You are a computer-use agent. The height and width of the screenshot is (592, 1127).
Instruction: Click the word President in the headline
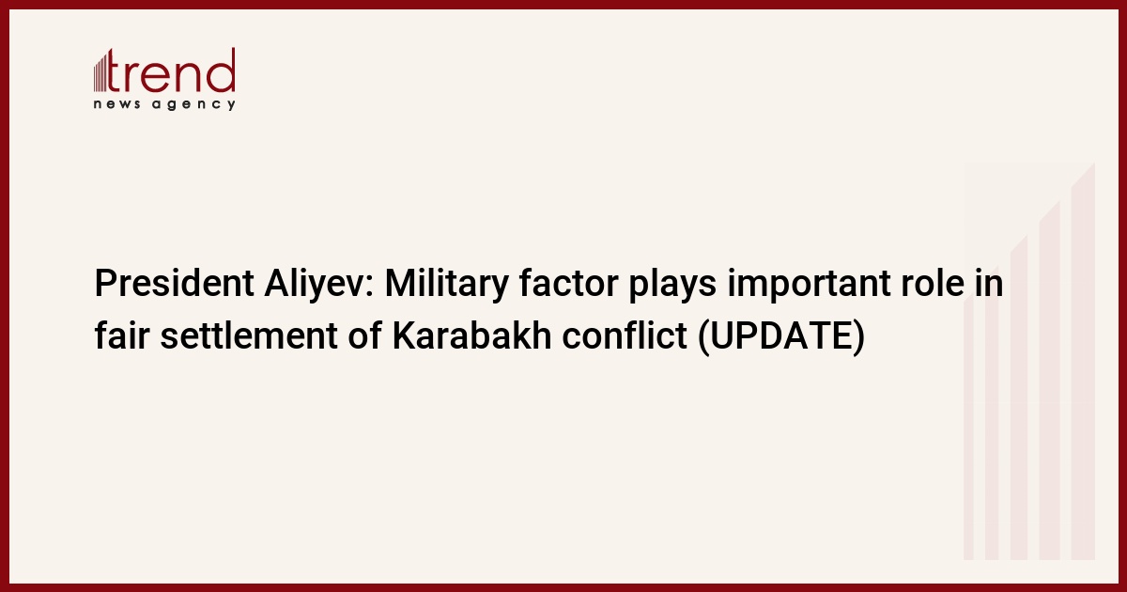[x=174, y=283]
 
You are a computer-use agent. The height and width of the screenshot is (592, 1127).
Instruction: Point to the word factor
[x=568, y=283]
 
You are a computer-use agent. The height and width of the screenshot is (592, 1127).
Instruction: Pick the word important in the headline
[x=809, y=286]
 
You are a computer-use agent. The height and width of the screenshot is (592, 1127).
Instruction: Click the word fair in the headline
[x=122, y=335]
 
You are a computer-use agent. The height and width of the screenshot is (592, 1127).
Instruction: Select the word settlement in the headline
[x=249, y=335]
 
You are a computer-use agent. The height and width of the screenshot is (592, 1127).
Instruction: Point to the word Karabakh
[x=471, y=335]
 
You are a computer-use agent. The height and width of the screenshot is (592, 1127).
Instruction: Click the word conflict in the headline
[x=625, y=335]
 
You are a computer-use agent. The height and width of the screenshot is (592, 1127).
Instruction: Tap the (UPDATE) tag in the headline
[x=781, y=336]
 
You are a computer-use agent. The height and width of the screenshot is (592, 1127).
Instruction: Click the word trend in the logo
[x=171, y=70]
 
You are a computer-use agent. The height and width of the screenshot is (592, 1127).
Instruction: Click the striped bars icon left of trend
[x=100, y=73]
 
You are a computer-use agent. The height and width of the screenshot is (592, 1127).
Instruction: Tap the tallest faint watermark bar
[x=1083, y=362]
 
